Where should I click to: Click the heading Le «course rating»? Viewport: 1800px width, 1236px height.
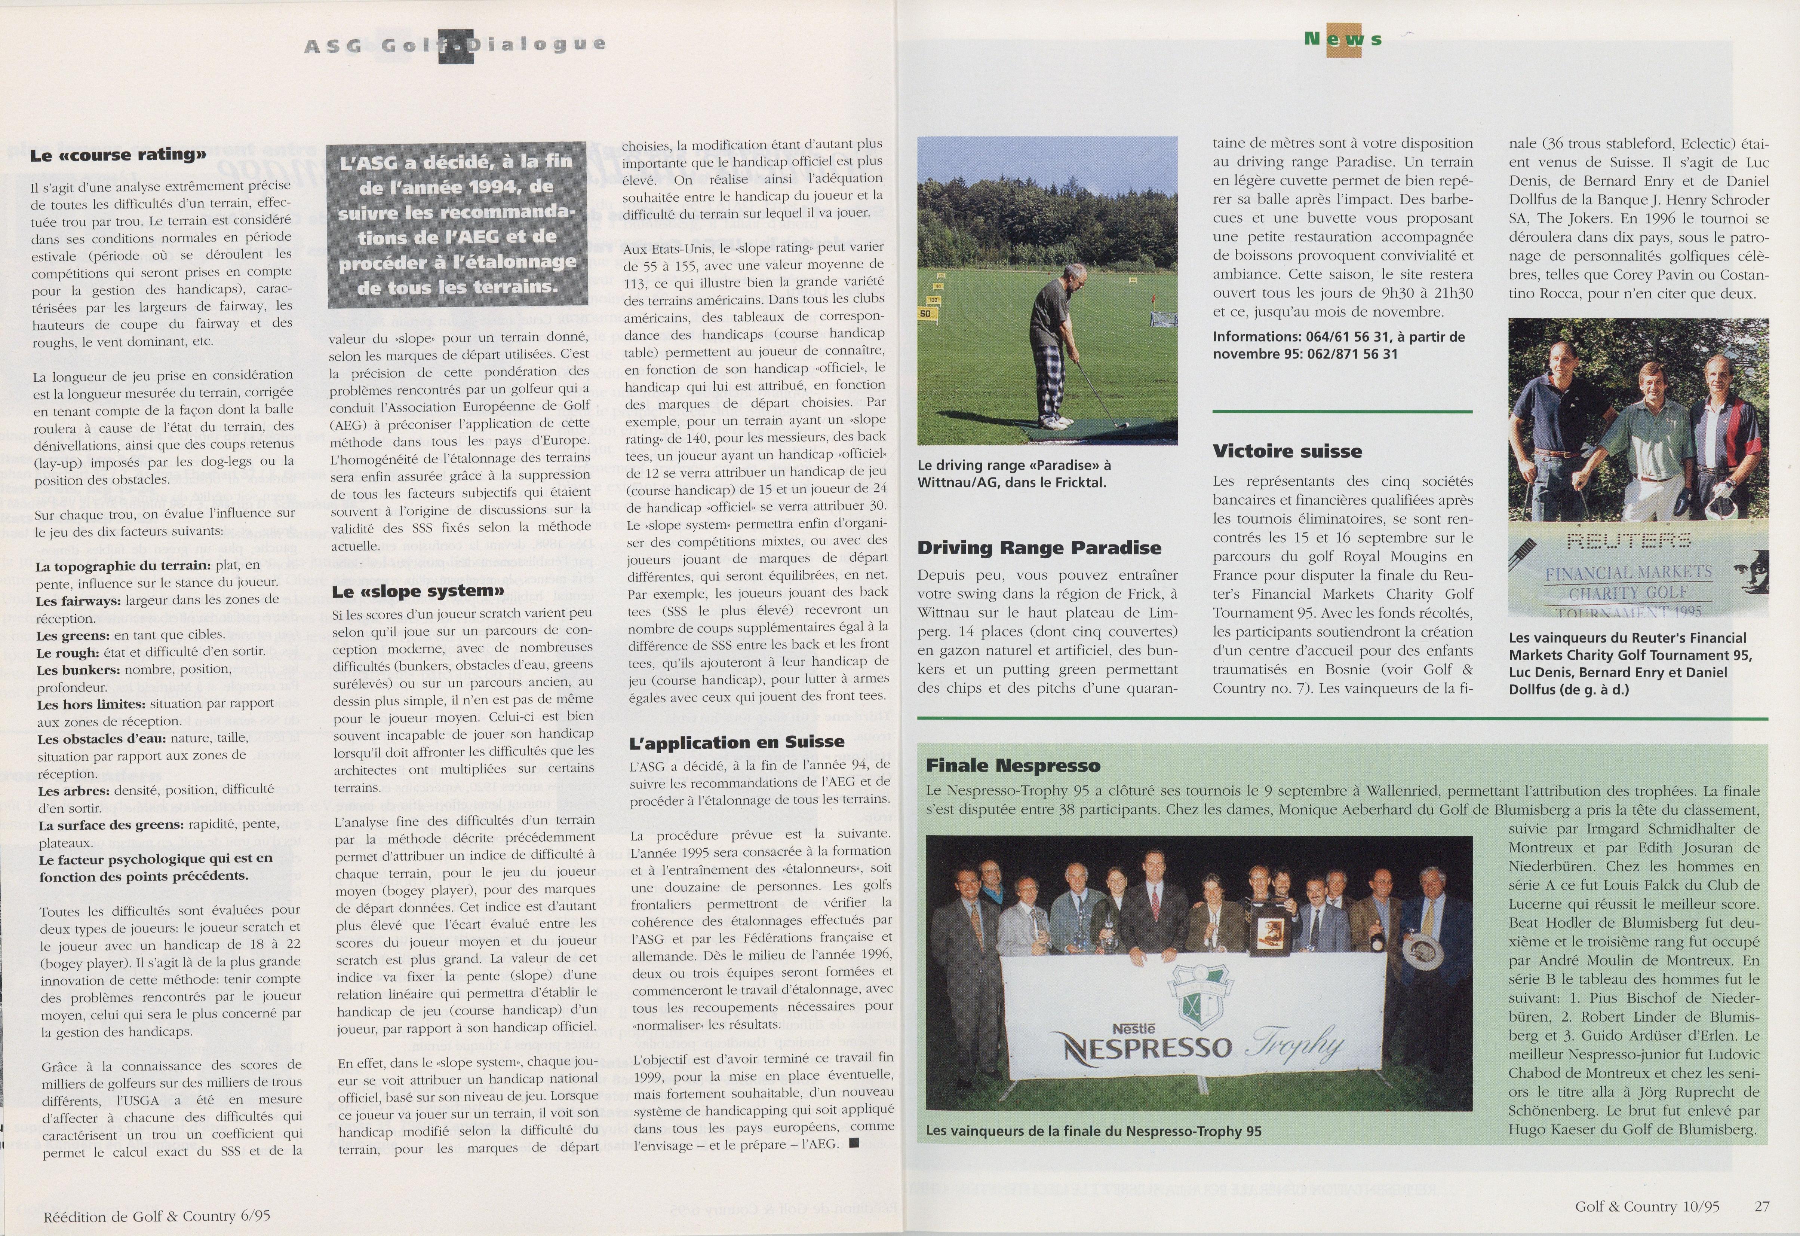pos(118,154)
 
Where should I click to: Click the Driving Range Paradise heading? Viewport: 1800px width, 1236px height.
pos(1039,547)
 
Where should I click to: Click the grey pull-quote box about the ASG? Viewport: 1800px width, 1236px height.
pos(456,224)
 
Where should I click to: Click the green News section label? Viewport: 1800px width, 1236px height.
pos(1342,39)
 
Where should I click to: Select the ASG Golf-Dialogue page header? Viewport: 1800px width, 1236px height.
pos(455,45)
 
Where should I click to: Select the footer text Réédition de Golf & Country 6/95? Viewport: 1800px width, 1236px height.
pos(156,1215)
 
